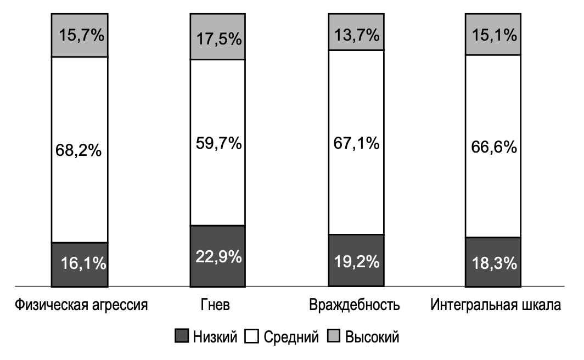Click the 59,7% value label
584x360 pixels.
(x=218, y=143)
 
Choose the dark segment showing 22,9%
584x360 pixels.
(x=218, y=256)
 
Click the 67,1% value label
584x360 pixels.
(x=356, y=143)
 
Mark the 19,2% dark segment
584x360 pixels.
(x=356, y=261)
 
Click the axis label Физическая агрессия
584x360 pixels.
(x=81, y=305)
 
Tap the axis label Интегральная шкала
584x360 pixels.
(x=496, y=305)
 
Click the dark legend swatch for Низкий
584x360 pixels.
(x=181, y=336)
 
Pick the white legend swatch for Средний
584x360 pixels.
(x=254, y=336)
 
